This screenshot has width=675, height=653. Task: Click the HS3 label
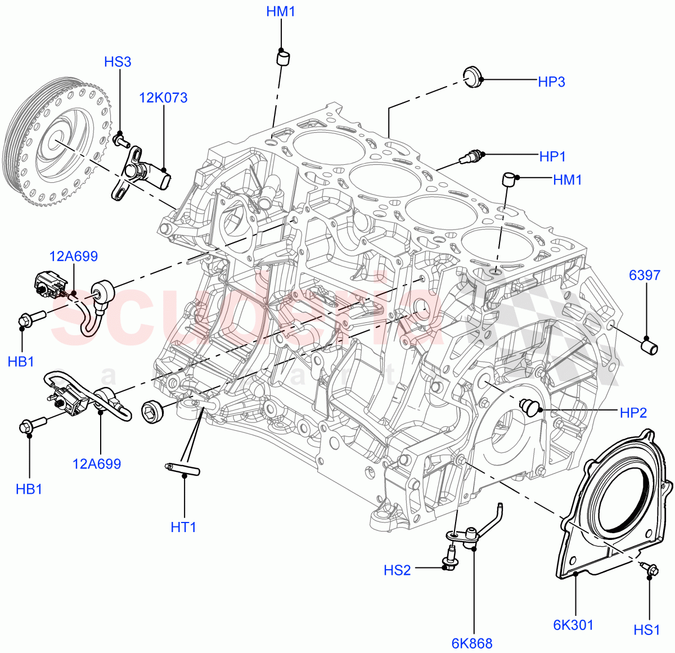(118, 62)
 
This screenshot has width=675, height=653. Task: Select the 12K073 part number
(163, 98)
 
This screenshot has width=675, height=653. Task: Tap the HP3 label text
(551, 82)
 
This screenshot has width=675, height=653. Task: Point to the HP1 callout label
(552, 157)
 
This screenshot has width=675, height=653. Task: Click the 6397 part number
(644, 276)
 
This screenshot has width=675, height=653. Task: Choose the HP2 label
(633, 413)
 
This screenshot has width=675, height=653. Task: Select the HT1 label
(183, 527)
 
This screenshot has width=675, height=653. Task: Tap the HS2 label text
(397, 570)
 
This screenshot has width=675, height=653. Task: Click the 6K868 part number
(471, 643)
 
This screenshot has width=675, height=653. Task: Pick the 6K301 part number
(573, 625)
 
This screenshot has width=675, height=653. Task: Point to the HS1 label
(646, 630)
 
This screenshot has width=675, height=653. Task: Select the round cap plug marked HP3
(473, 76)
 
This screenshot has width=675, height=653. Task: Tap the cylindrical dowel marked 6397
(650, 345)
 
